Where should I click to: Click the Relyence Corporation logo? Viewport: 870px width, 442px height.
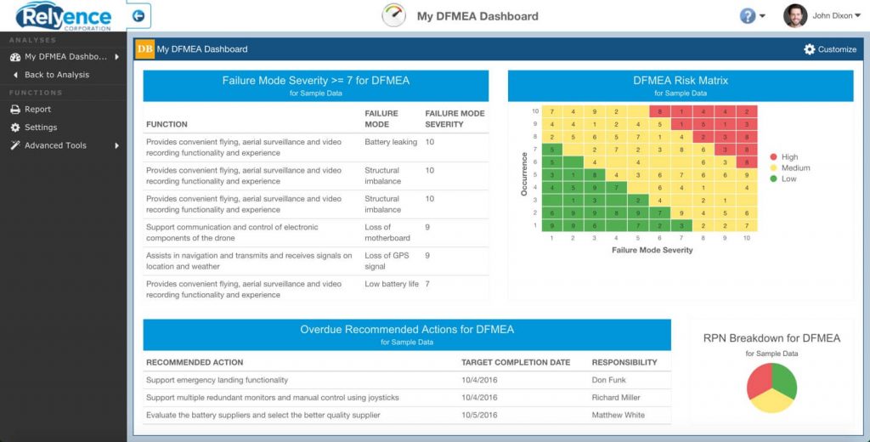click(64, 15)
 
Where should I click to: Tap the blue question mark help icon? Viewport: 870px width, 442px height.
click(748, 16)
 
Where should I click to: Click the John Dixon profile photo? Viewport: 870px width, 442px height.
click(794, 15)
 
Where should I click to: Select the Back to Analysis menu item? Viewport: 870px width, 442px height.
click(56, 75)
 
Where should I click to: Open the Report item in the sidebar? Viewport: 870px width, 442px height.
click(37, 110)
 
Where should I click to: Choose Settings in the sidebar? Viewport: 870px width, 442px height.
click(40, 127)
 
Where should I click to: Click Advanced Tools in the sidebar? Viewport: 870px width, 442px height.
click(55, 145)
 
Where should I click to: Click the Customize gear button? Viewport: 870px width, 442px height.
click(830, 49)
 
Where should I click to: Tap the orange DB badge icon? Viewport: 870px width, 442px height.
click(145, 49)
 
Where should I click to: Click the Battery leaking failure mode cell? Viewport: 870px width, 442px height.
click(391, 142)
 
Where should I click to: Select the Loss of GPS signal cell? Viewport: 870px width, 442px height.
click(387, 261)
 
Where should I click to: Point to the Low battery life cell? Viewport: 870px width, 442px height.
click(392, 284)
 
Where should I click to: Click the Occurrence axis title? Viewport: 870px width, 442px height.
click(523, 174)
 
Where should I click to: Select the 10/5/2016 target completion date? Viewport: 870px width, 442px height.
click(481, 415)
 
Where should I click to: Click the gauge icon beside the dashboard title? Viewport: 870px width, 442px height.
click(394, 16)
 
